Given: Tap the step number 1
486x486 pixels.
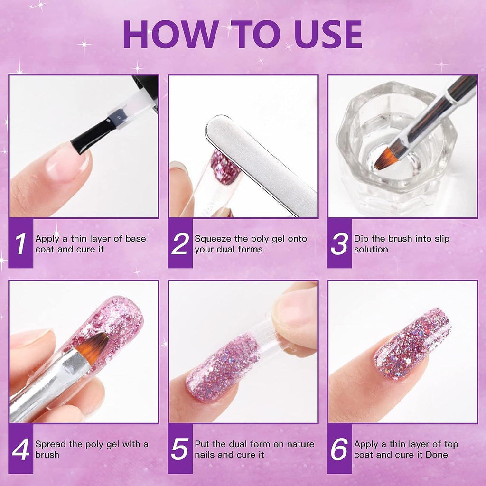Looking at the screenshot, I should [x=20, y=244].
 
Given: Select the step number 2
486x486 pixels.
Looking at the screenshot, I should [x=180, y=244].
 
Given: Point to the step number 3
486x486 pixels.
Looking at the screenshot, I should [x=339, y=244].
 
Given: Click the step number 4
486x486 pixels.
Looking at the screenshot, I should [x=20, y=449].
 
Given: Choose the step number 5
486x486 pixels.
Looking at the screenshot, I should [x=180, y=449].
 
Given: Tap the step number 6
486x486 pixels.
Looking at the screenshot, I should [x=339, y=449].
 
